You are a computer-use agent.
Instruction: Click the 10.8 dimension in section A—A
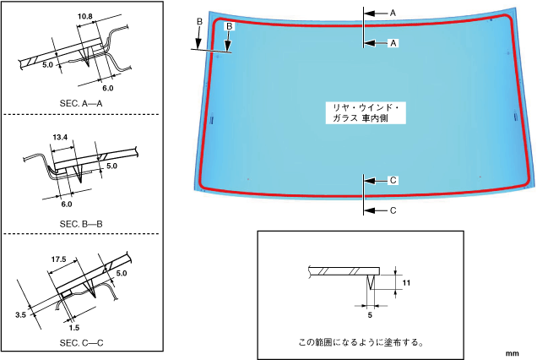click(84, 16)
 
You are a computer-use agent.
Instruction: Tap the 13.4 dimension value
click(59, 136)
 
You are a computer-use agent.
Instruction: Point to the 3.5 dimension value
click(21, 314)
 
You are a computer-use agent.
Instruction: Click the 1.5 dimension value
click(73, 326)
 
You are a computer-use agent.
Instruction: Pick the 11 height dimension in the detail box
click(406, 284)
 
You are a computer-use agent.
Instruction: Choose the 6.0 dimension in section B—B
click(67, 204)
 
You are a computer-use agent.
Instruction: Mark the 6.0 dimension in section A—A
click(107, 87)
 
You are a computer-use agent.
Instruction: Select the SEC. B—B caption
click(80, 224)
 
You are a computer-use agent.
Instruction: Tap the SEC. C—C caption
click(80, 343)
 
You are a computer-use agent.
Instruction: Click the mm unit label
click(512, 351)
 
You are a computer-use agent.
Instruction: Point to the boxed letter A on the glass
click(393, 42)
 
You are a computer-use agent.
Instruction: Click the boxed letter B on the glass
click(229, 28)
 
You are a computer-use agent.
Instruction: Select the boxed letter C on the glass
click(393, 180)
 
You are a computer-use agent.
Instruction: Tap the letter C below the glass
click(393, 209)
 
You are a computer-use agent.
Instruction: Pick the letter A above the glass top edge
click(393, 13)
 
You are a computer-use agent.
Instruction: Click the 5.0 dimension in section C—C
click(121, 273)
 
